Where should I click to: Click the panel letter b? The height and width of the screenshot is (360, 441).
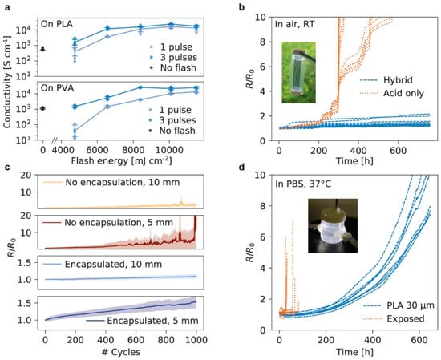point(242,7)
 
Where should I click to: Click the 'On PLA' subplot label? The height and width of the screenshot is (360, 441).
point(57,24)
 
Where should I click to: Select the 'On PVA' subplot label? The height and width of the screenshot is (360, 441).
point(58,88)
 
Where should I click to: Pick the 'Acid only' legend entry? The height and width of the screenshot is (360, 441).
point(391,93)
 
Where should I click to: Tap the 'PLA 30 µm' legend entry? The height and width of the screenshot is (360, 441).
point(399,305)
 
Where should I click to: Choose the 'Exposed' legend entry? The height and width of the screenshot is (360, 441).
point(394,318)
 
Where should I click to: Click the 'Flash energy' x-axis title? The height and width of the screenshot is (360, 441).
point(122,160)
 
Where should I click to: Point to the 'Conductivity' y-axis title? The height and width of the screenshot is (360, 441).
point(8,82)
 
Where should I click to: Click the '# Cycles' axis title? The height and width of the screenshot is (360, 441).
point(121,352)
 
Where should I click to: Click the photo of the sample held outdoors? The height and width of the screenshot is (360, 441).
point(299,73)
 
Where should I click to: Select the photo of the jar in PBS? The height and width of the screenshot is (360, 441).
point(333,225)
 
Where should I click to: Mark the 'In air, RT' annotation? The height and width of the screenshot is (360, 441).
point(295,24)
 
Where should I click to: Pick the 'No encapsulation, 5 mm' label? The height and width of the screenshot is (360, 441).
point(108,223)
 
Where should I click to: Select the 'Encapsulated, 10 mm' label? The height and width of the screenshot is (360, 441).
point(103,265)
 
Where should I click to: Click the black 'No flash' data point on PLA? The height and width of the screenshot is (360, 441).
point(42,49)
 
